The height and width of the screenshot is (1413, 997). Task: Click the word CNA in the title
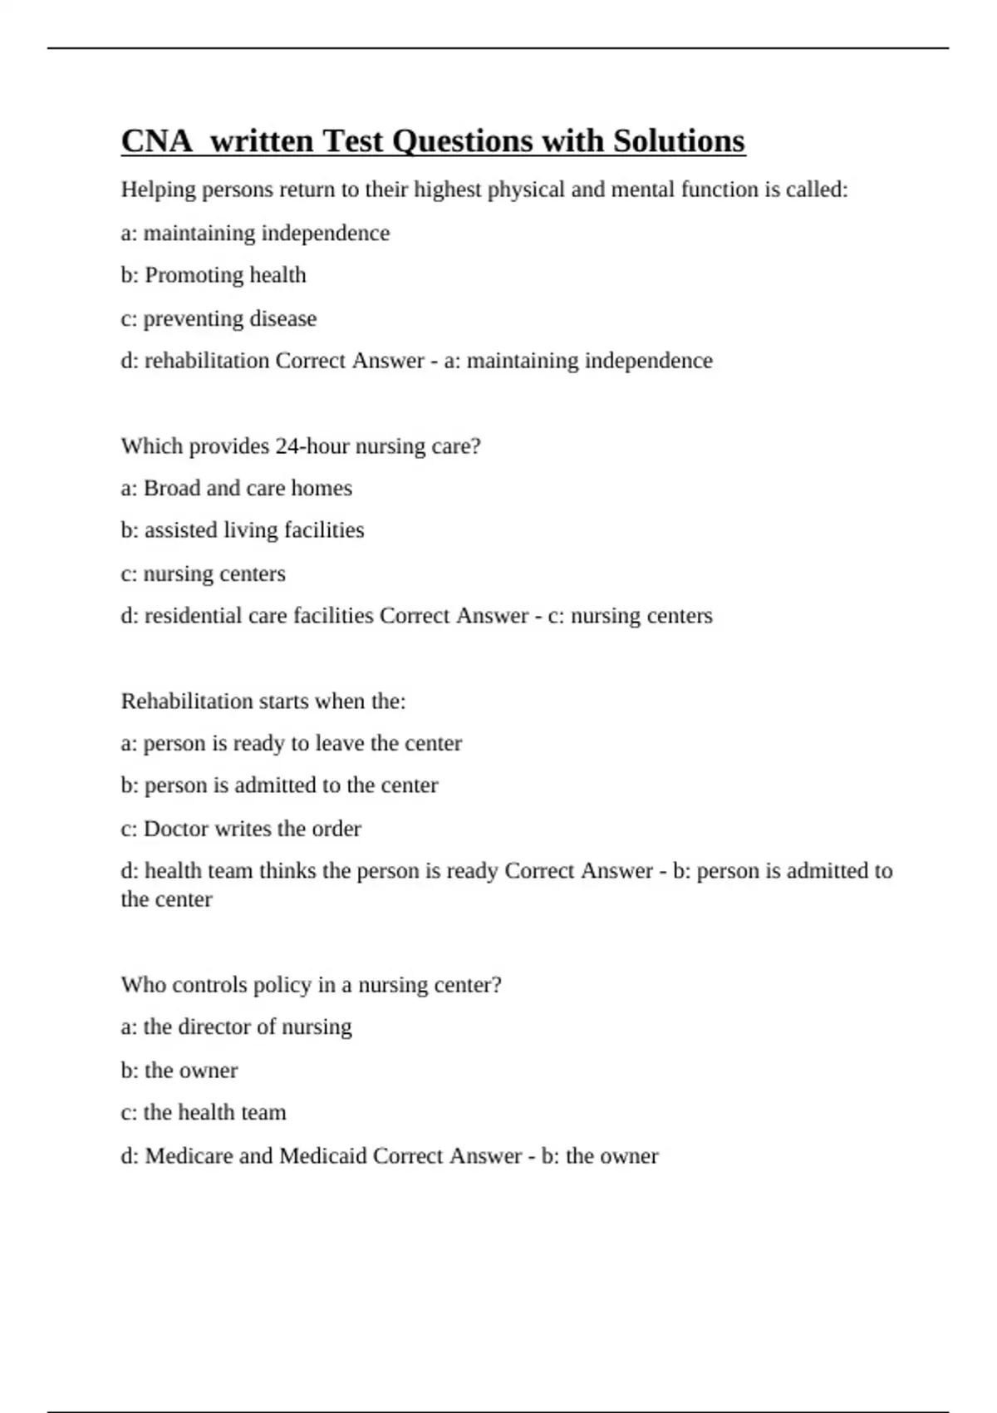tap(157, 141)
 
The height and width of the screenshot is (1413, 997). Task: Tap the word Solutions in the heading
tap(679, 141)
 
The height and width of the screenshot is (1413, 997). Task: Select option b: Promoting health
tap(214, 275)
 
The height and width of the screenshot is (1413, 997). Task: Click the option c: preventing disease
tap(219, 318)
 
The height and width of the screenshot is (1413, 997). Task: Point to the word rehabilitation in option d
tap(207, 361)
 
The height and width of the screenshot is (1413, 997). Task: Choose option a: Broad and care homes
tap(236, 488)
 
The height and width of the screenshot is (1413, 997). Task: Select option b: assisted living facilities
tap(243, 530)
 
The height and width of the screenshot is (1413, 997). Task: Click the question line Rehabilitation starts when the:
tap(263, 702)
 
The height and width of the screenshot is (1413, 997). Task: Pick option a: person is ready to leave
tap(291, 743)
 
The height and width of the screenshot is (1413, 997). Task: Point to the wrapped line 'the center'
tap(166, 899)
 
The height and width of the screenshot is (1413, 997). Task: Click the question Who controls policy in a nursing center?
tap(311, 985)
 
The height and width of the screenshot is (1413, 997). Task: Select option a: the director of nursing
tap(236, 1027)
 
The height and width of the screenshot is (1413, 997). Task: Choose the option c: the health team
tap(204, 1112)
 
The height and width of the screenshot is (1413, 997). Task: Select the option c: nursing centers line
tap(203, 574)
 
